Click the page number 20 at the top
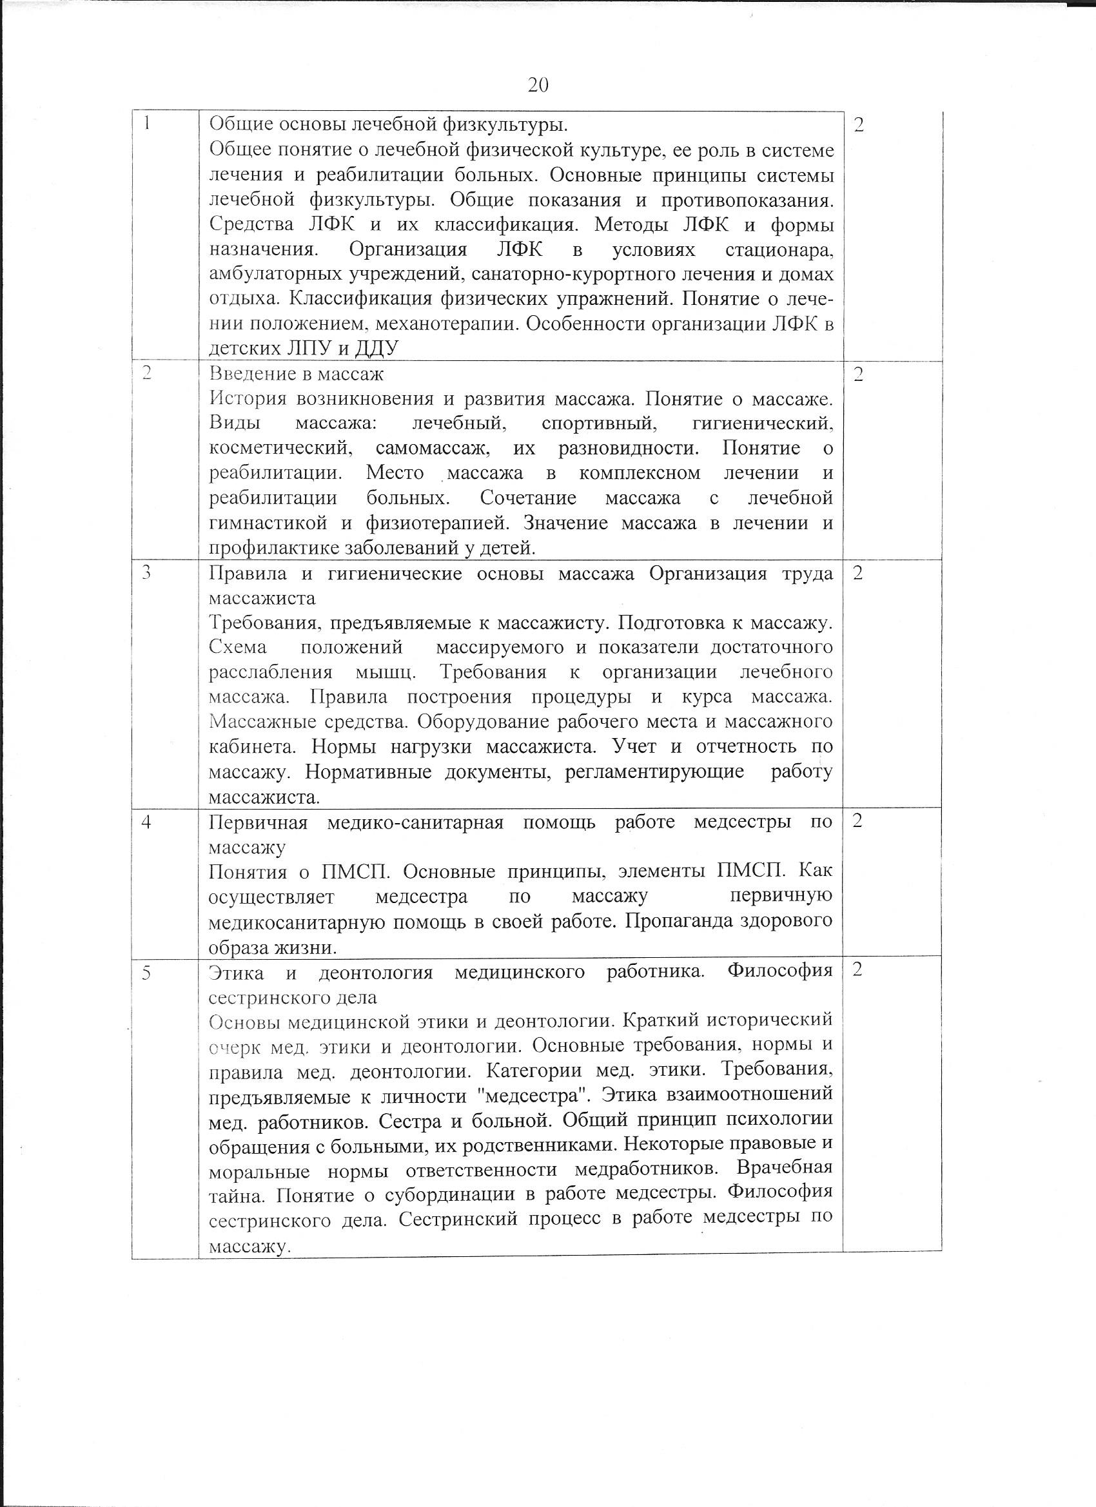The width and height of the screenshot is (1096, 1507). (x=538, y=86)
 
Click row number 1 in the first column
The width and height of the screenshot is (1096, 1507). (x=148, y=124)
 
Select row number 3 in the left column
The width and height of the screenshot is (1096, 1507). (x=147, y=573)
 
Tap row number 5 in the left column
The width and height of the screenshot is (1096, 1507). (x=147, y=972)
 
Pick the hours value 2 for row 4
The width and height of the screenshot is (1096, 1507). (x=857, y=821)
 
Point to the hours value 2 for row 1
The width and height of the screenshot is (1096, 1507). (x=858, y=125)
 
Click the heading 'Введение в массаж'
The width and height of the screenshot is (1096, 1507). (x=297, y=374)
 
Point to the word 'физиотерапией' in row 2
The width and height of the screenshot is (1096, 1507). (x=437, y=523)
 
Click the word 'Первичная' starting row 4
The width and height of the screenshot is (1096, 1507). (x=258, y=822)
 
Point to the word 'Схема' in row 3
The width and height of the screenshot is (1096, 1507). (x=238, y=647)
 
